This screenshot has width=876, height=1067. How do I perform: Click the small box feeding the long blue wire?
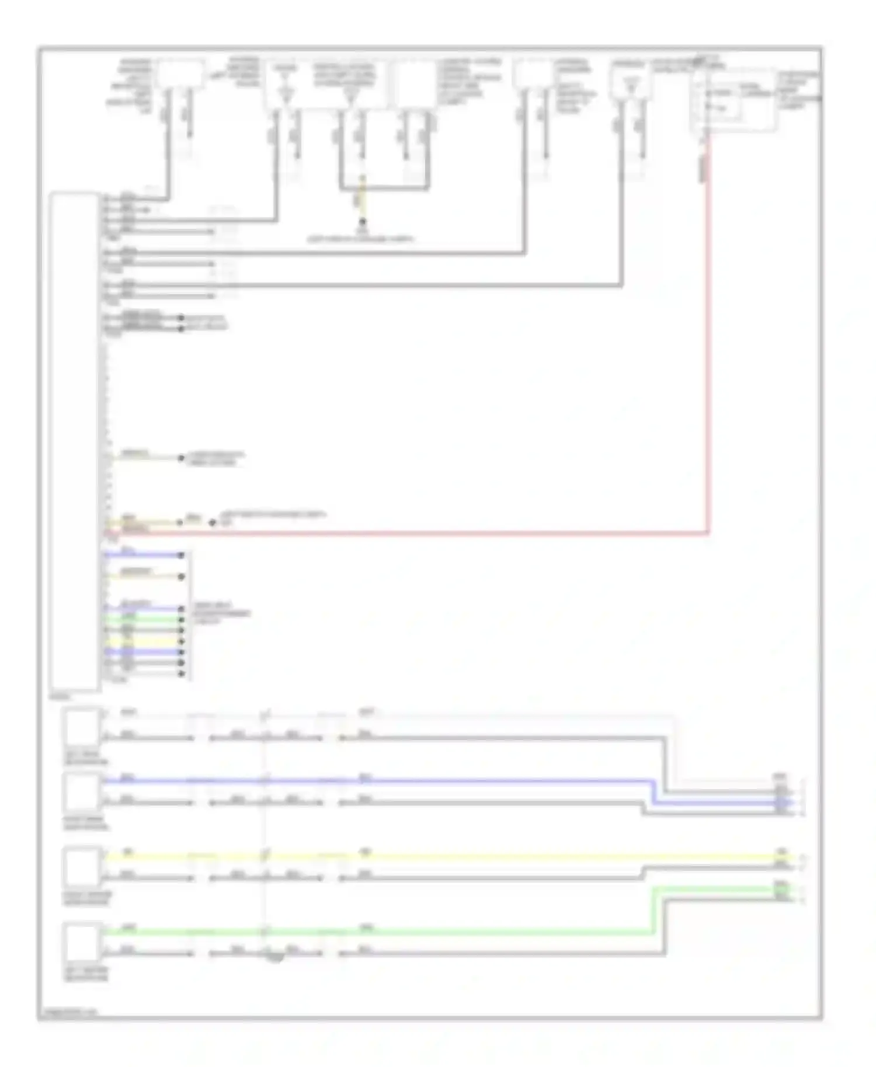[x=82, y=791]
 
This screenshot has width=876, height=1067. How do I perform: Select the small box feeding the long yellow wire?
[x=82, y=867]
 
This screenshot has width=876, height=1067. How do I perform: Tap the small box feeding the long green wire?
[x=82, y=941]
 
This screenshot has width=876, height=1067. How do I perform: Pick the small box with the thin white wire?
[x=82, y=726]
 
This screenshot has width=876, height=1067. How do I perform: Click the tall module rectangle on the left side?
[x=74, y=441]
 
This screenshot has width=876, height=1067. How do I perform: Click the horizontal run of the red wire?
[x=409, y=533]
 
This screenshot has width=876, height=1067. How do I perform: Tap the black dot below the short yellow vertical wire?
[x=362, y=222]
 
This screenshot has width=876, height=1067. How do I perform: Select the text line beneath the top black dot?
[x=360, y=239]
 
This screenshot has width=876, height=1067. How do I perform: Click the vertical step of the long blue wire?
[x=653, y=792]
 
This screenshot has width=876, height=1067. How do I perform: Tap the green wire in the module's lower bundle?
[x=143, y=619]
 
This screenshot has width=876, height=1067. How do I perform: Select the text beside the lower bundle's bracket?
[x=222, y=613]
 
